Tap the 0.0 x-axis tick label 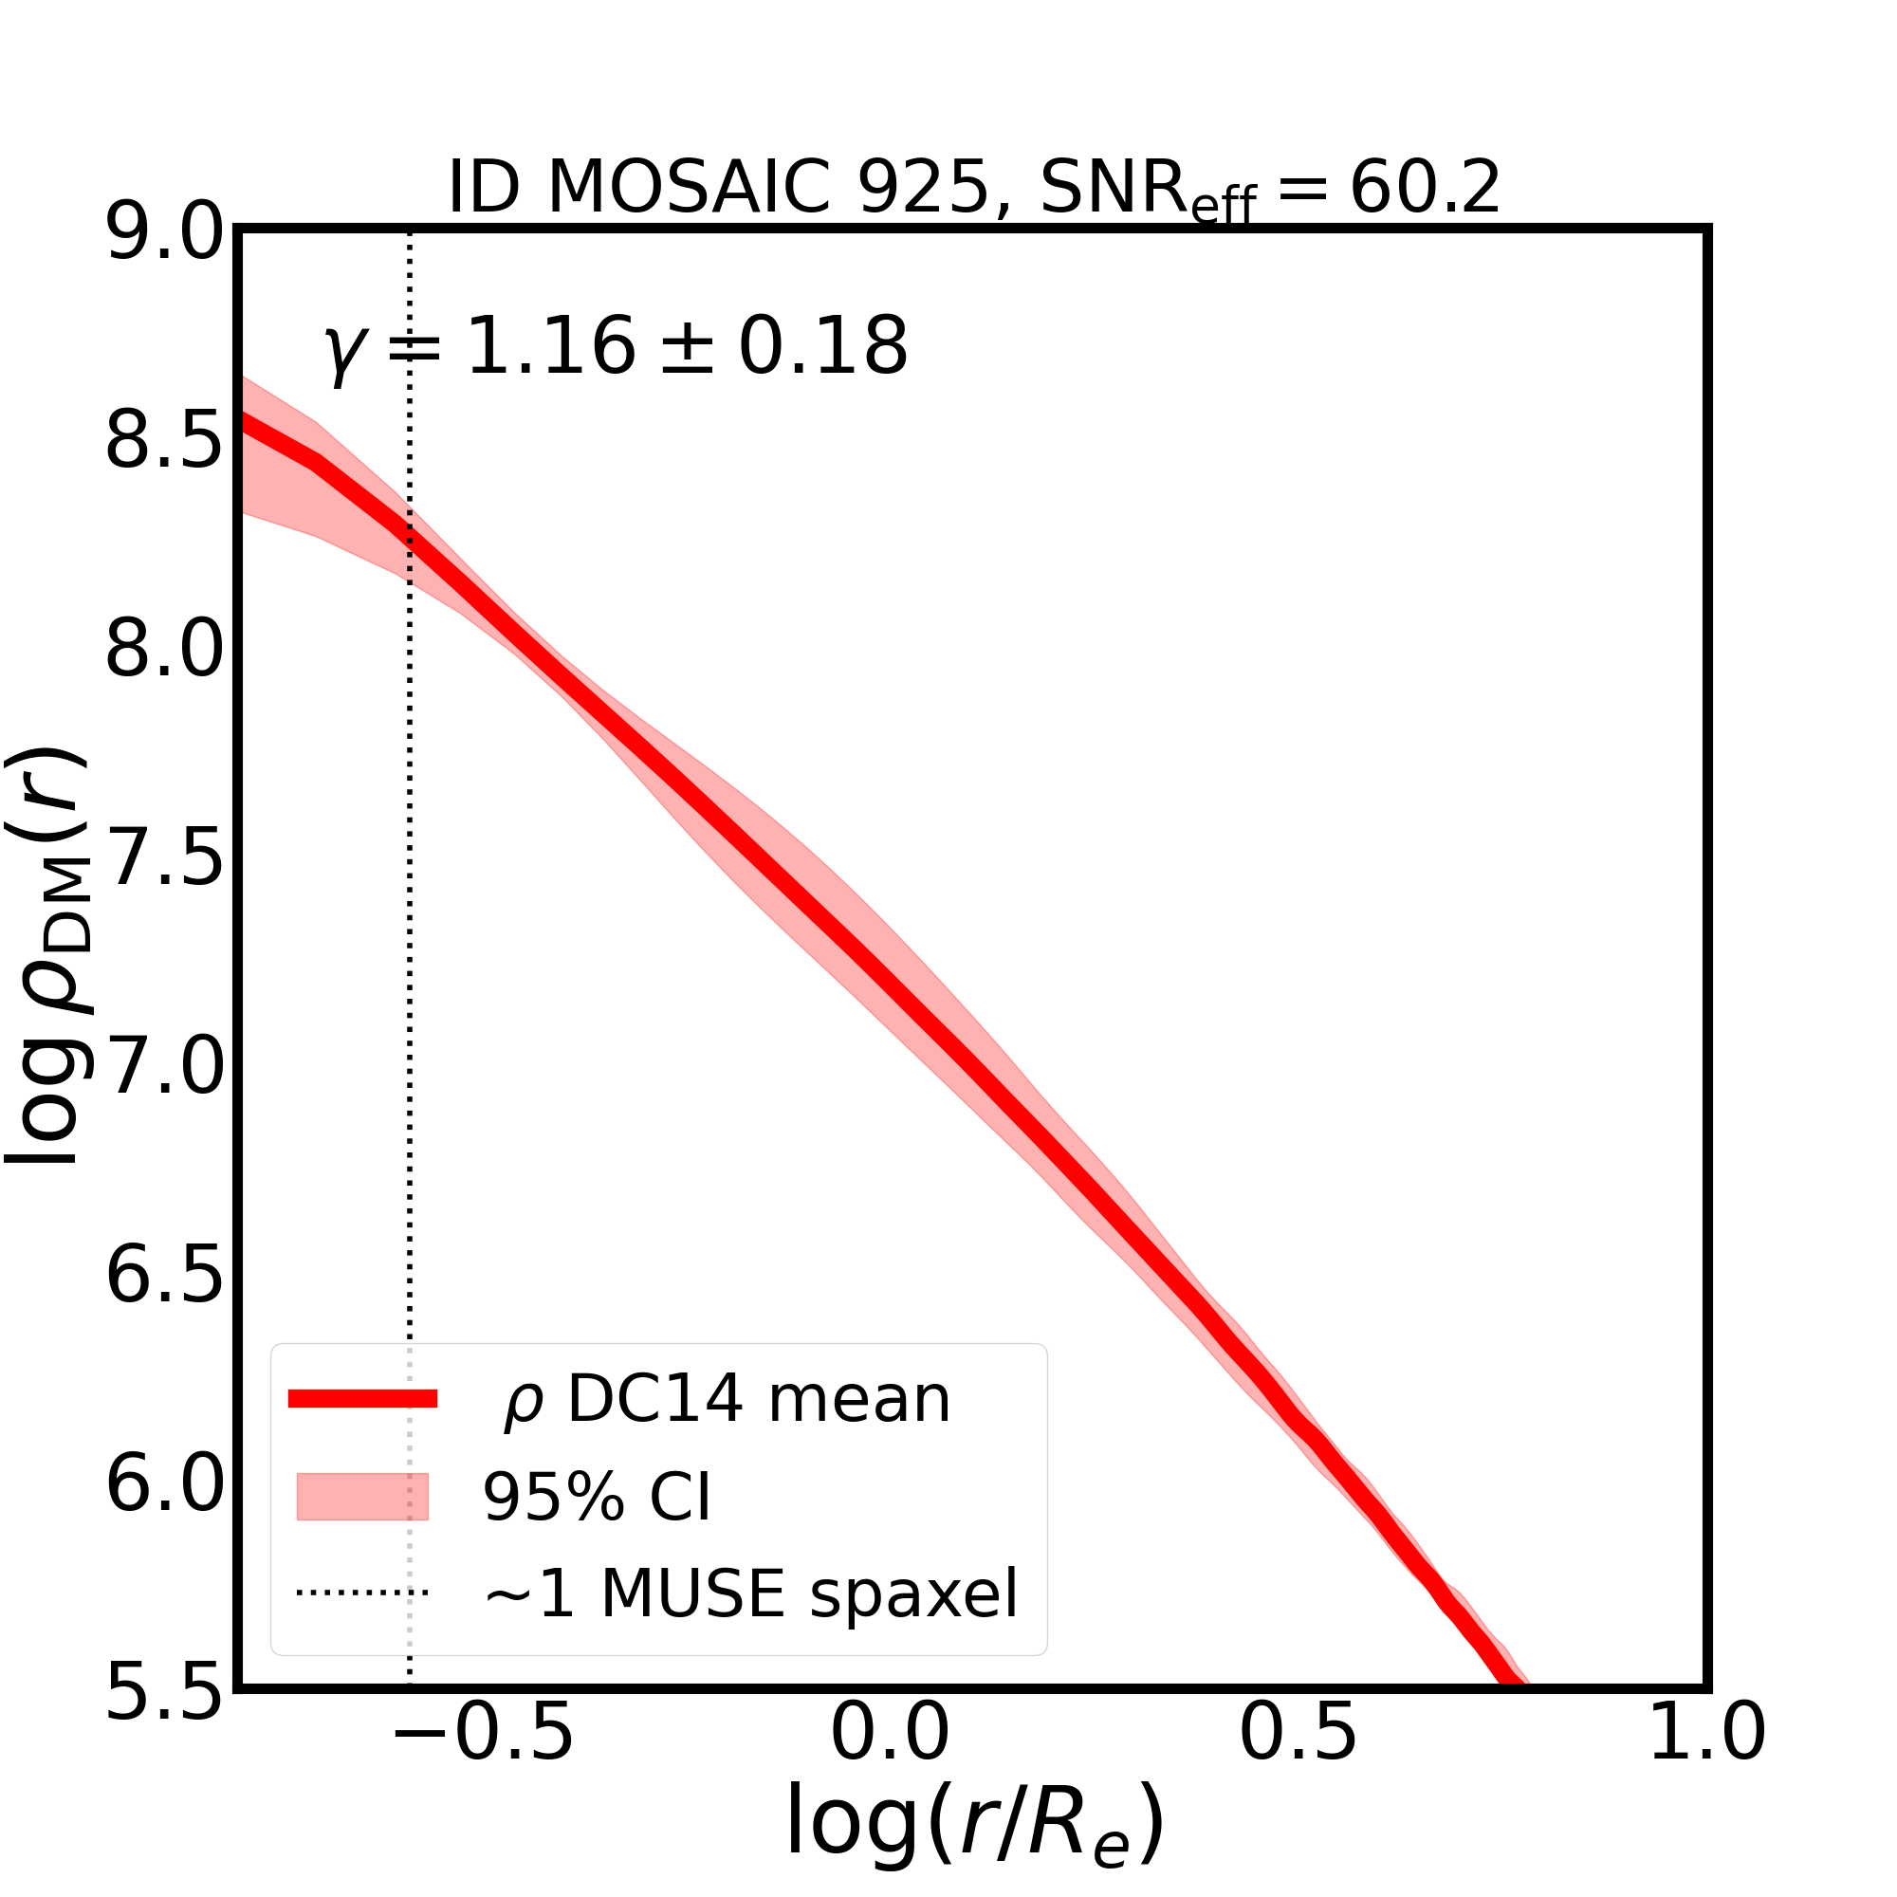click(x=891, y=1761)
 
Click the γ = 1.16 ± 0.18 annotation click(x=617, y=347)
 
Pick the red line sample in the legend click(x=362, y=1399)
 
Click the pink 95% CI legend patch click(x=362, y=1498)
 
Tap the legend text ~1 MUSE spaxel click(x=751, y=1593)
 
